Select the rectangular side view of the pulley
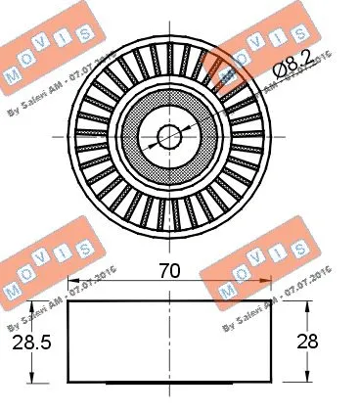click(x=168, y=343)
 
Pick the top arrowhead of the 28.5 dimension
click(x=36, y=307)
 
